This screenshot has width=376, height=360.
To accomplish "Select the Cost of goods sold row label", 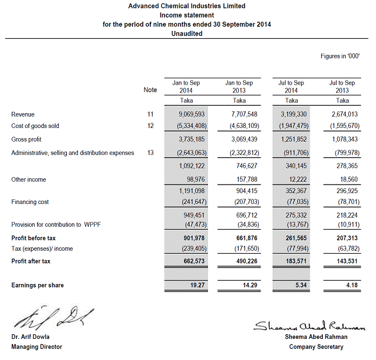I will pos(35,126).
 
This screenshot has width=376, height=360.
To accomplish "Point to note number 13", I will pos(150,153).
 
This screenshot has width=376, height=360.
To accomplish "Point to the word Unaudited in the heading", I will pos(187,34).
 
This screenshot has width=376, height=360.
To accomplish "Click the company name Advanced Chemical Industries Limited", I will pos(187,6).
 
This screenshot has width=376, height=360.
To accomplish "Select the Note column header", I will pos(150,90).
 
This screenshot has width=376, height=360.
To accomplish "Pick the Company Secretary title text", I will pos(317,347).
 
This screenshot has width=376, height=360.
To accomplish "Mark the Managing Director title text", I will pos(37,347).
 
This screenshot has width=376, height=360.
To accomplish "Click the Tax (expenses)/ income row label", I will pos(42,249).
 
